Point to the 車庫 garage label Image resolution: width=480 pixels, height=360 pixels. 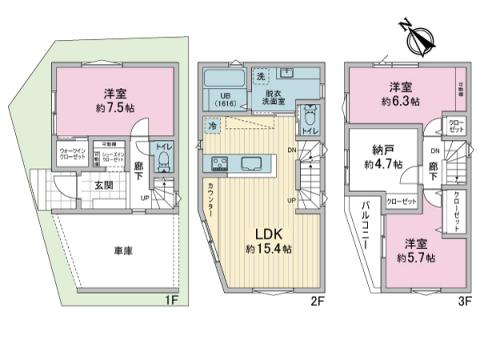(x=94, y=248)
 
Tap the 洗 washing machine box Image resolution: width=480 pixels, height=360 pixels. (x=260, y=77)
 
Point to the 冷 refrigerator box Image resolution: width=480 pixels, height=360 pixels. (x=213, y=126)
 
